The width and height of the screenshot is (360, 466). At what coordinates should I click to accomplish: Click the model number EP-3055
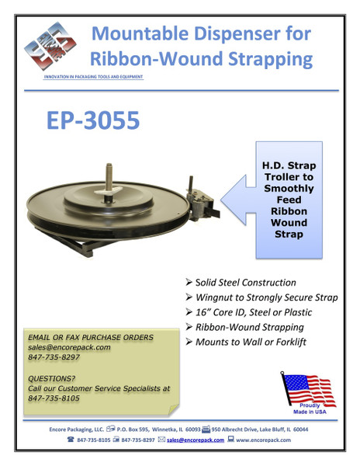tap(92, 120)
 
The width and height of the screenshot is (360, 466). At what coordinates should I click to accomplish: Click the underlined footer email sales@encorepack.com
tap(196, 440)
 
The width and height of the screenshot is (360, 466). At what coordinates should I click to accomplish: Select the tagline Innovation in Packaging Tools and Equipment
tap(93, 77)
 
